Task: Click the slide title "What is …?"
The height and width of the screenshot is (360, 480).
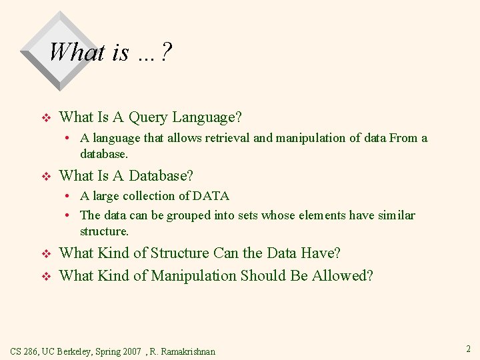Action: [110, 51]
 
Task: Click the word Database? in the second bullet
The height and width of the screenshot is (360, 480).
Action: [161, 176]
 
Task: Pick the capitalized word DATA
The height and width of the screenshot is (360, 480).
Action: [211, 196]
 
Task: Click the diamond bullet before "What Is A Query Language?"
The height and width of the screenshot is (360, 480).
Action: [46, 119]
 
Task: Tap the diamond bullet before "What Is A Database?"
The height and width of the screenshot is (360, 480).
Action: [46, 177]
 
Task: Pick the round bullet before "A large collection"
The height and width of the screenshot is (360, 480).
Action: [69, 196]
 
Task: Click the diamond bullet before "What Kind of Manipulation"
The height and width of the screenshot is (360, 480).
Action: [46, 277]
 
